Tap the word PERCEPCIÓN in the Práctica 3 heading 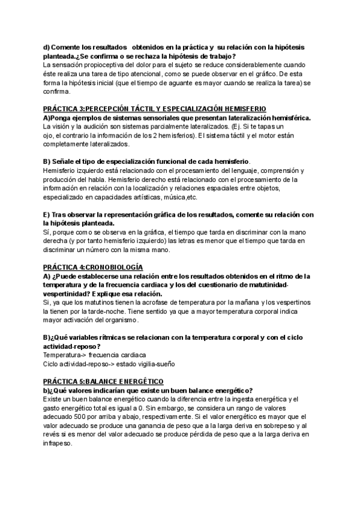click(x=118, y=108)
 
